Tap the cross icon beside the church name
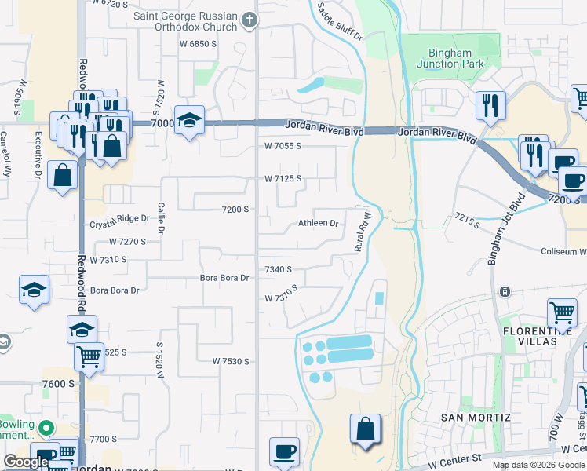coord(250,20)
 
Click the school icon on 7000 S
coord(189,121)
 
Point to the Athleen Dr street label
coord(318,224)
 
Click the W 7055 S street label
coord(283,146)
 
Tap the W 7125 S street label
coord(283,179)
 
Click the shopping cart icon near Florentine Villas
coord(562,312)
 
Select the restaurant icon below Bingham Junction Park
coord(490,105)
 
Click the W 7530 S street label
coord(231,361)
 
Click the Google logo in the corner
coord(26,462)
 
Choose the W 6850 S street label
coord(197,44)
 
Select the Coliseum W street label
coord(563,252)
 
